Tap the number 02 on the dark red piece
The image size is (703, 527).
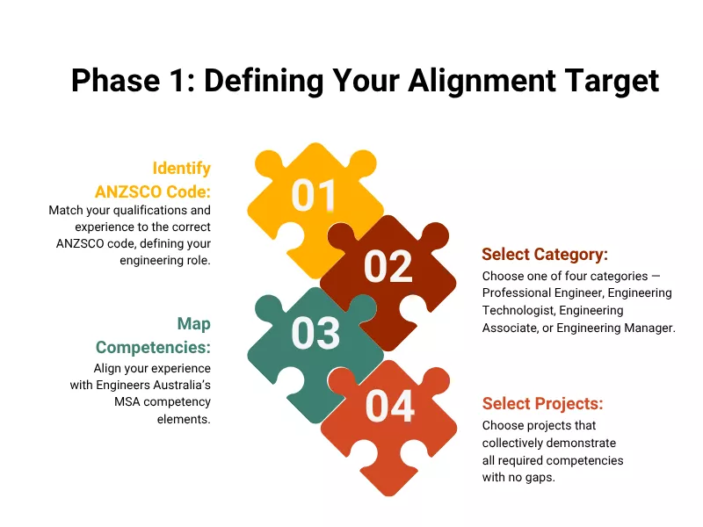coord(388,267)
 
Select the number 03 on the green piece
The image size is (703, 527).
coord(315,334)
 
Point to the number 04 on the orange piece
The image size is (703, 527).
coord(389,406)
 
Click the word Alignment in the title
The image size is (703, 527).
coord(455,81)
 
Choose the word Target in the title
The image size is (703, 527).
coord(608,81)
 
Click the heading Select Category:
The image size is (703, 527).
coord(545,255)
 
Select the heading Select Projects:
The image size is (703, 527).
coord(542,404)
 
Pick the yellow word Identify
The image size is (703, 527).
coord(182,168)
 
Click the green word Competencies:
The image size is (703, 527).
coord(154,347)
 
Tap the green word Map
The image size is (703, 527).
coord(193,324)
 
